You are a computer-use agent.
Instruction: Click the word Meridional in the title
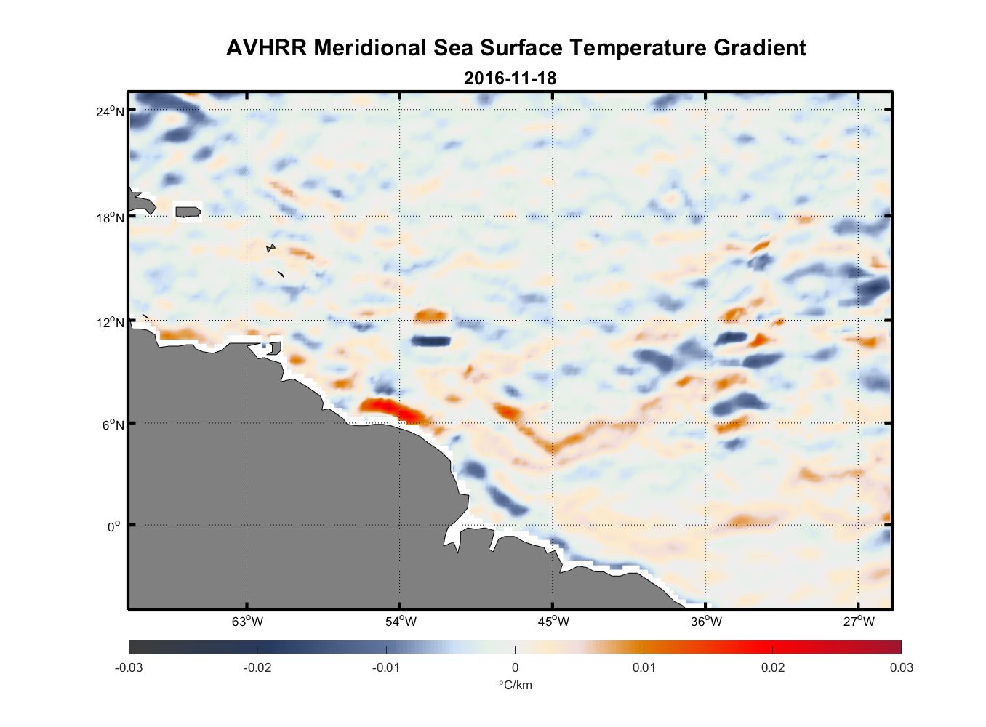(x=371, y=48)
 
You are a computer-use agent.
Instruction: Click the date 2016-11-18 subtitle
(x=510, y=78)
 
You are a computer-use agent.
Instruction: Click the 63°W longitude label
(x=248, y=622)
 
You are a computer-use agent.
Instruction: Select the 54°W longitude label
(x=401, y=622)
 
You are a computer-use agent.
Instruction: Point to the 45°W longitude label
(x=553, y=622)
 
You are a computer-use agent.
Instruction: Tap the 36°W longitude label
(x=706, y=622)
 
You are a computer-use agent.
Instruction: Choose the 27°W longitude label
(x=859, y=622)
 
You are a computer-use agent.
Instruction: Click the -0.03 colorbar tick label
(x=129, y=667)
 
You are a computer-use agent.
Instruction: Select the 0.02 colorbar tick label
(x=773, y=667)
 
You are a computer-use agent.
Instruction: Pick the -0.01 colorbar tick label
(x=386, y=667)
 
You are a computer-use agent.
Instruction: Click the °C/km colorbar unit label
(x=515, y=685)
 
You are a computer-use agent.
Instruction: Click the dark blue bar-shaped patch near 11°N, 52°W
(x=430, y=341)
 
